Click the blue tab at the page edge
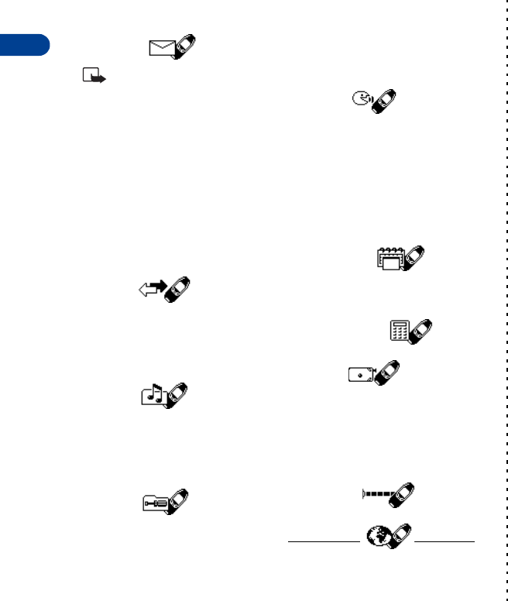[x=24, y=45]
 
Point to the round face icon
[x=360, y=99]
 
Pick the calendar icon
[x=389, y=258]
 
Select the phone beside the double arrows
[x=178, y=290]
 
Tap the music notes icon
[x=153, y=396]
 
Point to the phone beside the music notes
[x=177, y=395]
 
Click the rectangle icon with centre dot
[x=359, y=373]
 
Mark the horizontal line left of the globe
[x=323, y=541]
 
